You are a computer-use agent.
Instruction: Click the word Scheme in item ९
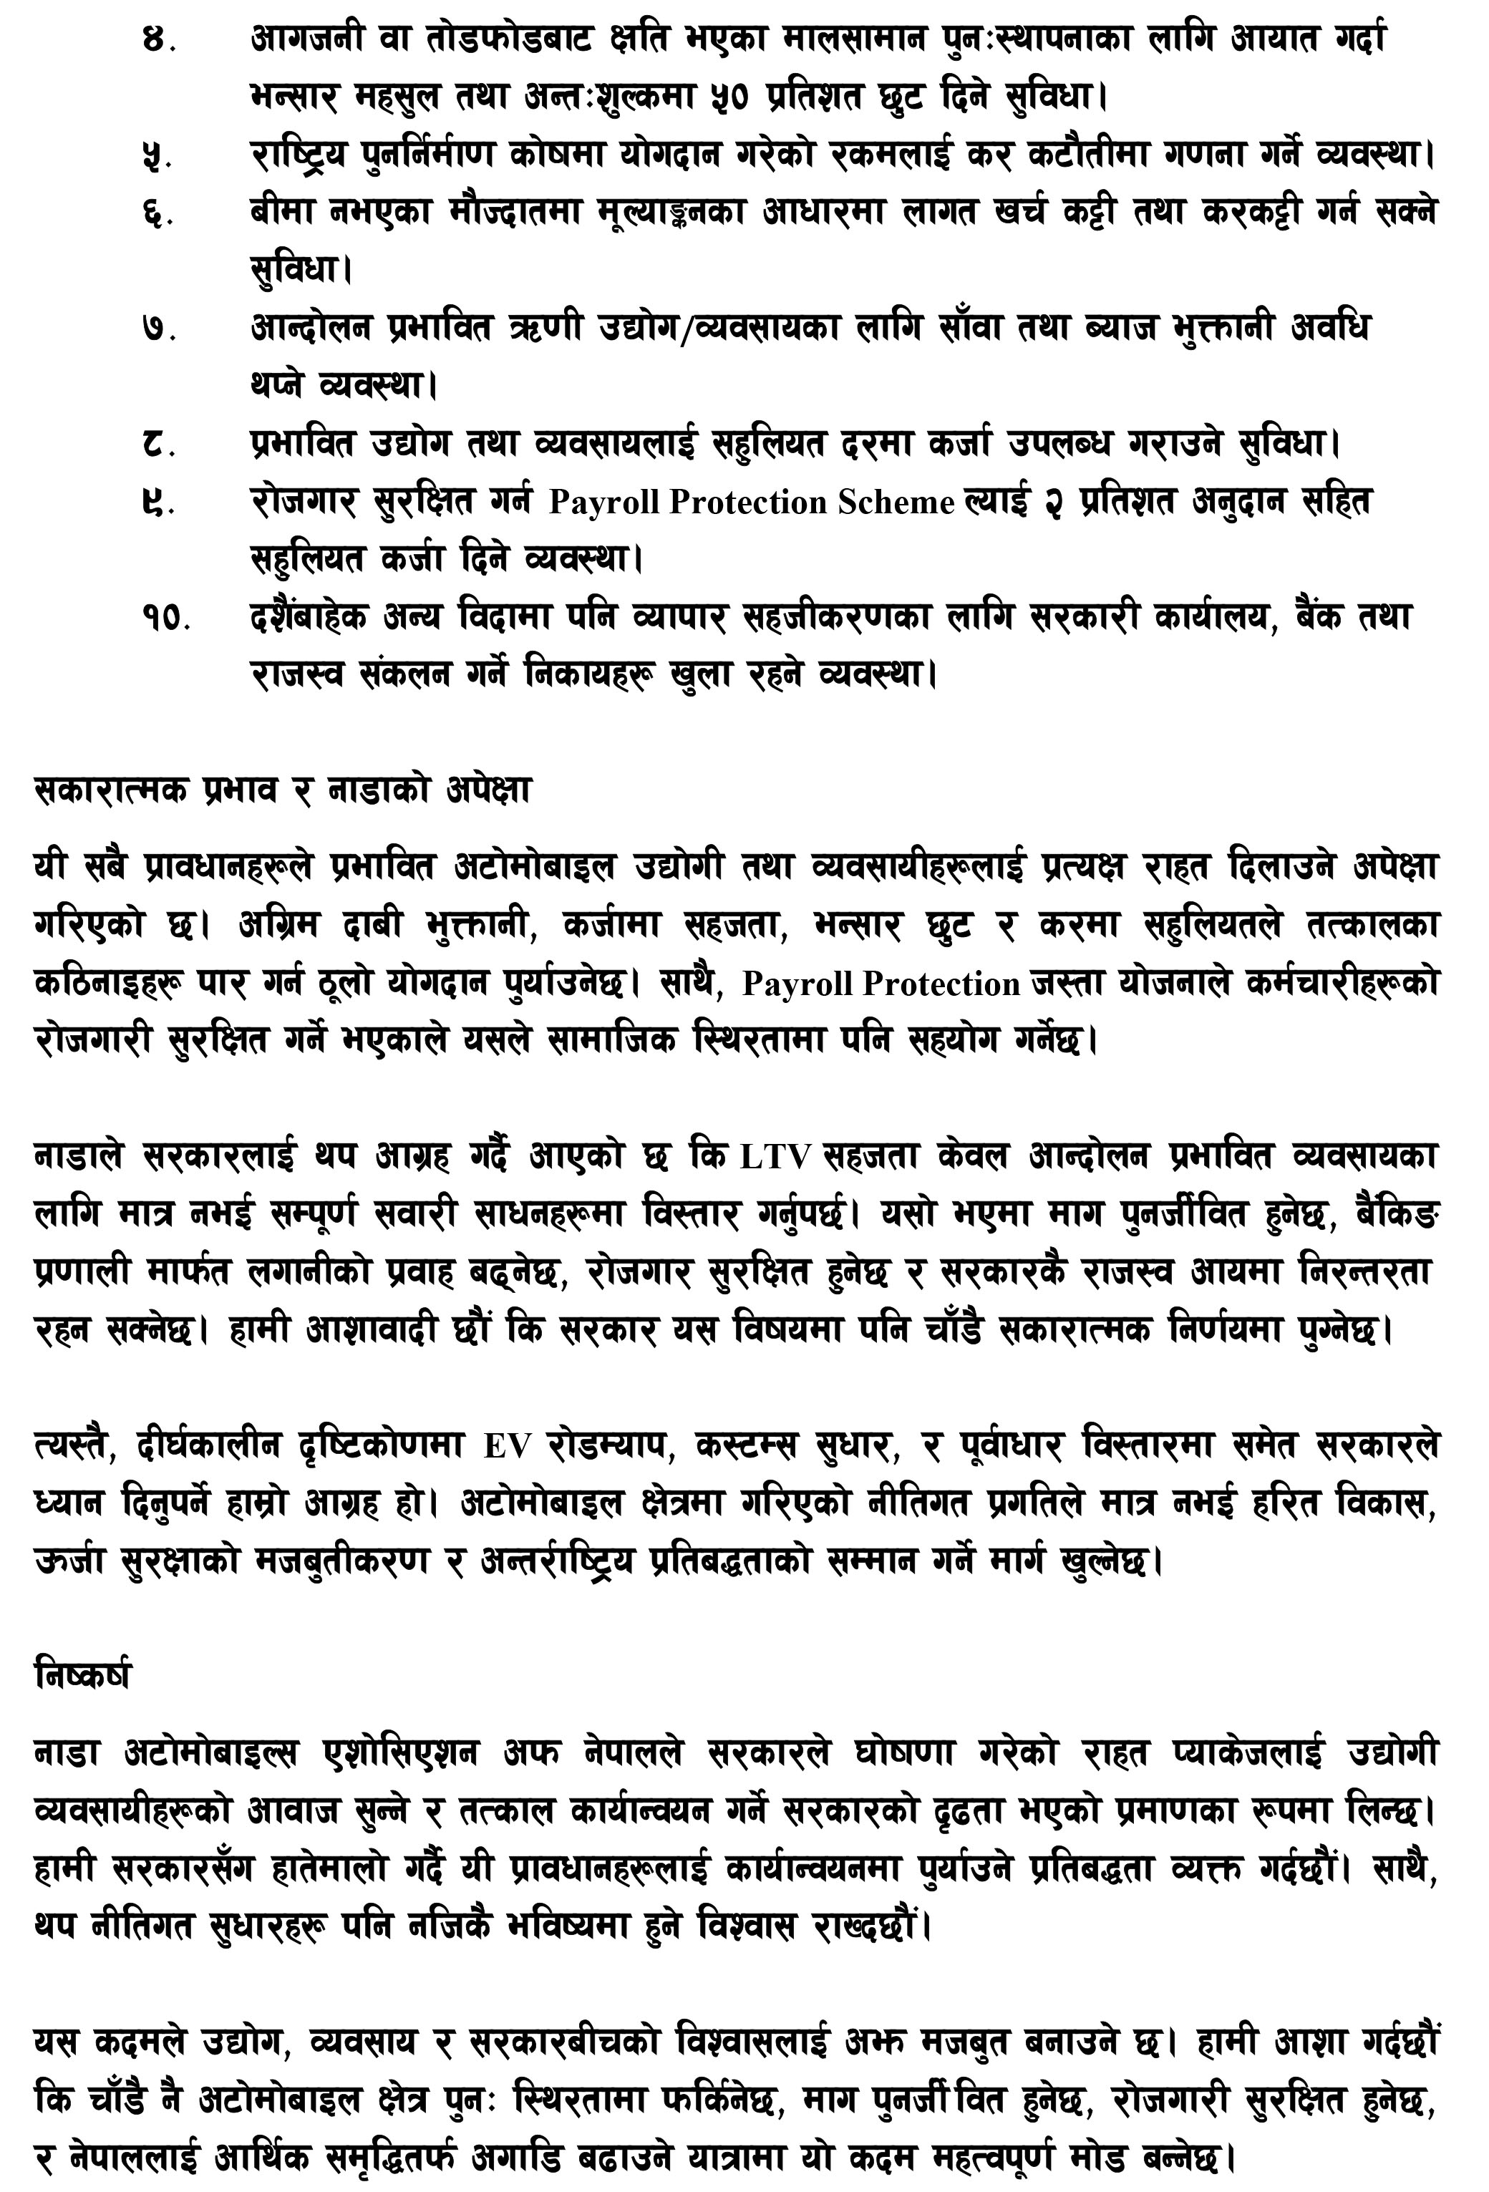pos(896,503)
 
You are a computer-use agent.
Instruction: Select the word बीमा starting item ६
pos(281,213)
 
